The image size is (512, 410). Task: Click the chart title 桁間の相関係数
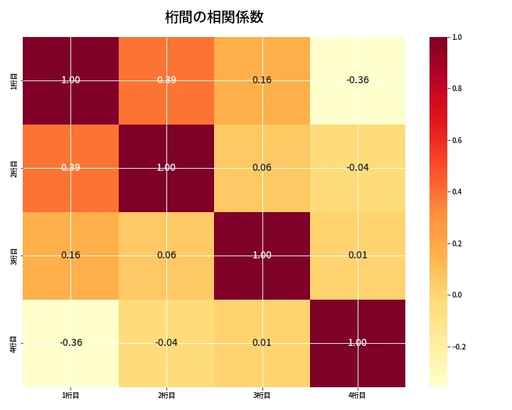click(x=214, y=17)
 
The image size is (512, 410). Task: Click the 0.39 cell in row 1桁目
click(x=166, y=80)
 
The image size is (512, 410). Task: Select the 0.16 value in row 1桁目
click(x=262, y=80)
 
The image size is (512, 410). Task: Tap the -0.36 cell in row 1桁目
click(x=357, y=80)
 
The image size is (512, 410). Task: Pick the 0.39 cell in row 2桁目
click(x=70, y=167)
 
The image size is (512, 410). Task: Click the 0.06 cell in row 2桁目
click(x=262, y=167)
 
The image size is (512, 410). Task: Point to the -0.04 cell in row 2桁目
click(x=357, y=167)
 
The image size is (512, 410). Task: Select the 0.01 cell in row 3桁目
click(x=357, y=255)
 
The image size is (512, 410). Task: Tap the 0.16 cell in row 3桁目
click(x=70, y=255)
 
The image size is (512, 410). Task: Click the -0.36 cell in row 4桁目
click(x=70, y=342)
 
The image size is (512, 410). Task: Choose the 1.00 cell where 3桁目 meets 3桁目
click(x=262, y=255)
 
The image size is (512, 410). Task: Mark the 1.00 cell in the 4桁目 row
click(x=357, y=342)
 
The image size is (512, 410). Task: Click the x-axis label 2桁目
click(x=166, y=396)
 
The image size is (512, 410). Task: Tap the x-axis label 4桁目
click(x=357, y=396)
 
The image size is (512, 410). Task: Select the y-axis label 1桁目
click(x=14, y=80)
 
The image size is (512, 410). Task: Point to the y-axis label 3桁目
click(x=14, y=256)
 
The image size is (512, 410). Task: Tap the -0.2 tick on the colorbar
click(x=459, y=347)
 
